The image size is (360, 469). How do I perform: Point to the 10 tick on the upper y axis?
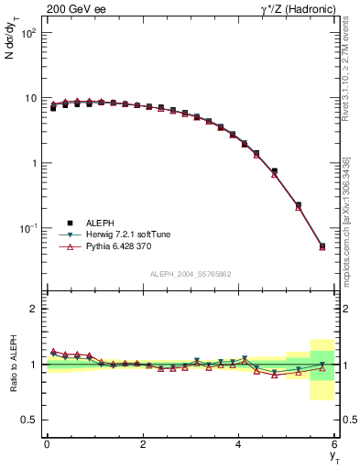[x=30, y=98]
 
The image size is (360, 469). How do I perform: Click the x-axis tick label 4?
[x=239, y=443]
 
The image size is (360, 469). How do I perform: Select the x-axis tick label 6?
[x=335, y=443]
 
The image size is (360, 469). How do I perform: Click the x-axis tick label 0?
[x=47, y=443]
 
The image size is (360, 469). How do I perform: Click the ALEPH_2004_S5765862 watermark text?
[x=191, y=274]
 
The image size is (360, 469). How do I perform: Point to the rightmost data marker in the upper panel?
[x=322, y=246]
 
